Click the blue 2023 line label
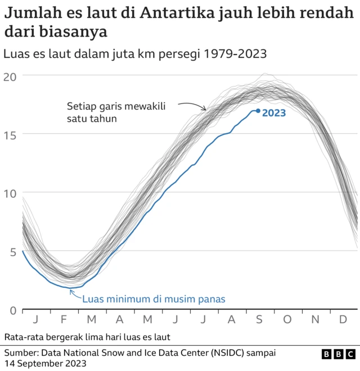tap(274, 112)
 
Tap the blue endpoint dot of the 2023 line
tap(258, 111)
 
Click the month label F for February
tap(64, 319)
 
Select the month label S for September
tap(259, 319)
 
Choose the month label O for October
tap(287, 319)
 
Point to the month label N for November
tap(316, 319)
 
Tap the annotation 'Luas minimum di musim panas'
tap(154, 298)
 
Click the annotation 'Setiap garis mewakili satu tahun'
tap(116, 112)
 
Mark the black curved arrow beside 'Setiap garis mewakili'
tap(193, 105)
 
